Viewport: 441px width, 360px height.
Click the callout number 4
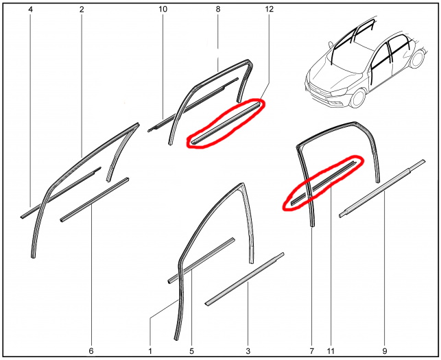pos(30,10)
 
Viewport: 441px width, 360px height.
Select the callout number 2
pos(82,10)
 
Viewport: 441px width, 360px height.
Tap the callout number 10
pos(163,10)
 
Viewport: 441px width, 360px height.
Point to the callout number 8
pos(218,10)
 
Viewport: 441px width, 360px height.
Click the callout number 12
pos(269,10)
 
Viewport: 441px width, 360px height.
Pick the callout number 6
pos(91,351)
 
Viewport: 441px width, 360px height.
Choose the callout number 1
pos(150,351)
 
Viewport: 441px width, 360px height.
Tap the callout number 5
pos(191,351)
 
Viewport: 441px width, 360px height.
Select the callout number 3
pos(248,351)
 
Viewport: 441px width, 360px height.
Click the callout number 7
pos(311,351)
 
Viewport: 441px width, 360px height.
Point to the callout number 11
pos(331,351)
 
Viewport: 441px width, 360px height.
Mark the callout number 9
pos(385,351)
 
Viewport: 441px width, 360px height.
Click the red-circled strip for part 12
pos(225,123)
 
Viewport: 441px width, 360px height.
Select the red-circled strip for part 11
pos(324,183)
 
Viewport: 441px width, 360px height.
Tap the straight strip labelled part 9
pos(382,189)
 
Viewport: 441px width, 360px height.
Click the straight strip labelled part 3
pos(245,279)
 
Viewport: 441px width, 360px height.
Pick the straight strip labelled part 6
pos(95,200)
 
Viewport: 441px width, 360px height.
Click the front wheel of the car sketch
pos(358,98)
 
